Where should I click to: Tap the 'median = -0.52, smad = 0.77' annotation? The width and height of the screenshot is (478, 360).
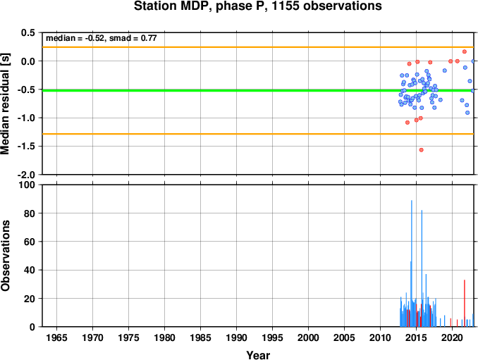[x=102, y=38]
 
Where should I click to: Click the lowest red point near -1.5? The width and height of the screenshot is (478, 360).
[x=422, y=150]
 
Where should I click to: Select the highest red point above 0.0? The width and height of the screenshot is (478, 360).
[x=465, y=51]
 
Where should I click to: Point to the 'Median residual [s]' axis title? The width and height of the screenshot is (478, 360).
[x=5, y=104]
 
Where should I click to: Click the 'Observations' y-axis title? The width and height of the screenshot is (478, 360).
[x=5, y=256]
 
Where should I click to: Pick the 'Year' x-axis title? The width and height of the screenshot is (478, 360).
[x=258, y=355]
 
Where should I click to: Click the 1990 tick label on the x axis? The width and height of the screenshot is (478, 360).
[x=236, y=337]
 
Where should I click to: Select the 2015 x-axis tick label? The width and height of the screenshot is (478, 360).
[x=416, y=337]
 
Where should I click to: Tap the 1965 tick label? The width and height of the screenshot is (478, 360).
[x=56, y=337]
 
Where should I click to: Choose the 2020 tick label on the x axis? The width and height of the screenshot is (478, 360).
[x=452, y=337]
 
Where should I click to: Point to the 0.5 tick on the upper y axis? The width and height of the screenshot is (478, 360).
[x=28, y=32]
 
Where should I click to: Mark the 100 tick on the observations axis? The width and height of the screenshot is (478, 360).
[x=27, y=185]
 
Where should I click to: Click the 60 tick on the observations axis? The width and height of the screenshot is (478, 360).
[x=30, y=242]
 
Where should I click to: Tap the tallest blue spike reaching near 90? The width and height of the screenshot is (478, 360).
[x=412, y=263]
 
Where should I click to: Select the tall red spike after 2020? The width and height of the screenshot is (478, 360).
[x=465, y=304]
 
